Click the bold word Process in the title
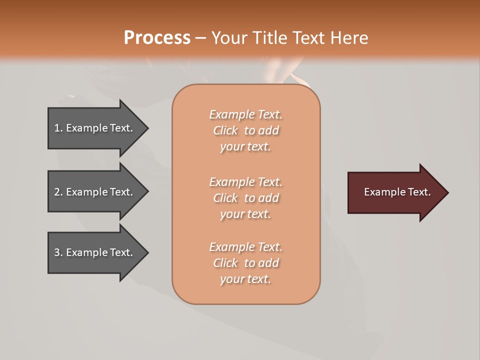[x=157, y=37]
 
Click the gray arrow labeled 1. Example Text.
[x=95, y=128]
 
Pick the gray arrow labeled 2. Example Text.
[x=95, y=192]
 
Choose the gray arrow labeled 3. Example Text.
[x=95, y=252]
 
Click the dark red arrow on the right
[x=395, y=192]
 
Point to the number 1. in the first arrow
[x=58, y=128]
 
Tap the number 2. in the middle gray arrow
[x=58, y=192]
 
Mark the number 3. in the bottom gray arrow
[x=58, y=252]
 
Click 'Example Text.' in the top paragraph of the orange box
[x=245, y=114]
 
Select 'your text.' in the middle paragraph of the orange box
[x=245, y=214]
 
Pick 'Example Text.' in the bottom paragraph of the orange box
[x=245, y=247]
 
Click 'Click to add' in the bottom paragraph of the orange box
[x=245, y=263]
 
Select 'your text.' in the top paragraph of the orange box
[x=245, y=147]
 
